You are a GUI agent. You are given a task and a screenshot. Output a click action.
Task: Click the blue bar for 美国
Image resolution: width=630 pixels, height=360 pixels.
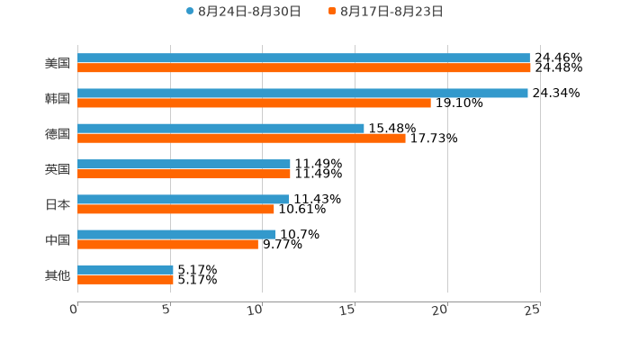pyautogui.click(x=303, y=58)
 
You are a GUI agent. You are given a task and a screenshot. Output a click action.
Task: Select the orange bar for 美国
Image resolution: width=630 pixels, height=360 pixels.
pyautogui.click(x=304, y=68)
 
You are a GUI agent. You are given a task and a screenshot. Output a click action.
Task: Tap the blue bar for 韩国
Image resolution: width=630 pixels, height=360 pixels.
pyautogui.click(x=302, y=94)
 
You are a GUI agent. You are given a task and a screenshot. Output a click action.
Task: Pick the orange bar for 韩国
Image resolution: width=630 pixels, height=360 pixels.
pyautogui.click(x=254, y=103)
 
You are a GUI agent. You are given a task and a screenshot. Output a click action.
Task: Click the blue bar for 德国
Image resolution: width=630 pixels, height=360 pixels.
pyautogui.click(x=220, y=129)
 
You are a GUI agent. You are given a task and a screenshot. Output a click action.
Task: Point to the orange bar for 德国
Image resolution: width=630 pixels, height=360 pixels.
pyautogui.click(x=241, y=139)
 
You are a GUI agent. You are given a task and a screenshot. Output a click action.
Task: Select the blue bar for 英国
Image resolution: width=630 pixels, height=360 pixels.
pyautogui.click(x=184, y=164)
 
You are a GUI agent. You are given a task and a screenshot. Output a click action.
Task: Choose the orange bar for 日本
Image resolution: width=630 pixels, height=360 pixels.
pyautogui.click(x=175, y=209)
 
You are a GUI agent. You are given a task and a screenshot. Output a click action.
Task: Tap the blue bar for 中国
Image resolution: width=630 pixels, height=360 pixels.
pyautogui.click(x=176, y=234)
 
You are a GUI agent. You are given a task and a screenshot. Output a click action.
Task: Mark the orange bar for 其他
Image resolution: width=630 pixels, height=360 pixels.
pyautogui.click(x=125, y=280)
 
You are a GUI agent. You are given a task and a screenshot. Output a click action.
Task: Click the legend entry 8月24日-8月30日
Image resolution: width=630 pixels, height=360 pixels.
pyautogui.click(x=244, y=12)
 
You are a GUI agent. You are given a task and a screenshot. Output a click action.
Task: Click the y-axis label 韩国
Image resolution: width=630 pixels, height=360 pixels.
pyautogui.click(x=58, y=98)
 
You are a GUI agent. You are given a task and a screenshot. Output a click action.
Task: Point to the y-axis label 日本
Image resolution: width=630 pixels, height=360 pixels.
pyautogui.click(x=58, y=204)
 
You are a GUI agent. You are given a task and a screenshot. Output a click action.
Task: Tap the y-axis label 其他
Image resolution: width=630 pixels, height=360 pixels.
pyautogui.click(x=58, y=274)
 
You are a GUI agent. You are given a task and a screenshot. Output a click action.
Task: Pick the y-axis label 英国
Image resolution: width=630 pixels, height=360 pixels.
pyautogui.click(x=58, y=169)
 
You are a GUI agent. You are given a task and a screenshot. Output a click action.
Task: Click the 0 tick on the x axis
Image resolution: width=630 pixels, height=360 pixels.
pyautogui.click(x=75, y=310)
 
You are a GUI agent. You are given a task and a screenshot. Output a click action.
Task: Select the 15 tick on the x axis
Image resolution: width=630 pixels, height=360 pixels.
pyautogui.click(x=349, y=310)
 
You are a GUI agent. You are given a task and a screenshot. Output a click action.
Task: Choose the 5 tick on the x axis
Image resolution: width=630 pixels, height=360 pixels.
pyautogui.click(x=166, y=310)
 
